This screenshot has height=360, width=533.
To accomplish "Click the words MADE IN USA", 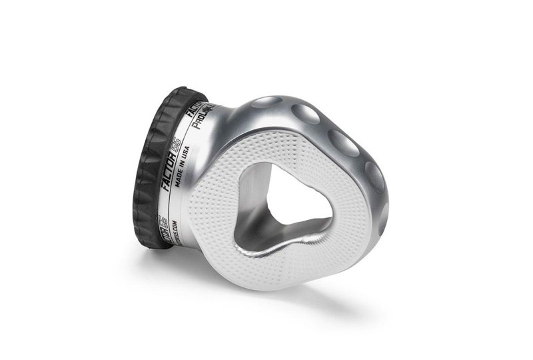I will coord(185,170).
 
